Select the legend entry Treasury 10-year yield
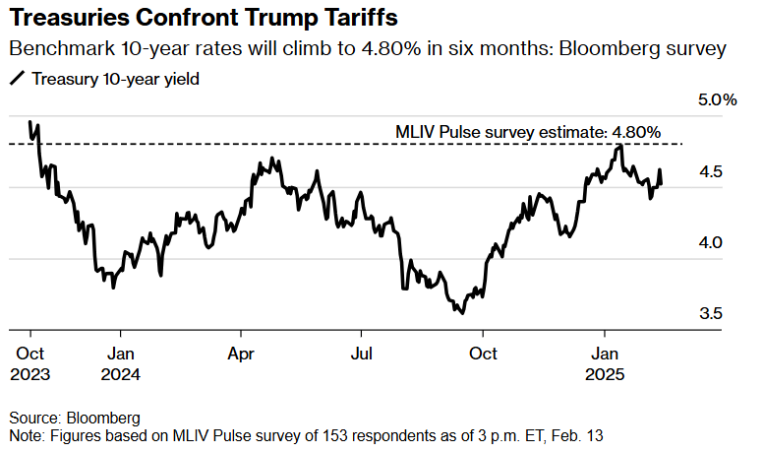pos(116,80)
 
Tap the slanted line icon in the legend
pos(17,80)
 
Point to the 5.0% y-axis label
pos(718,100)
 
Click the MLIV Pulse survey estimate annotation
pos(527,131)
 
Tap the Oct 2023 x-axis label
pos(29,363)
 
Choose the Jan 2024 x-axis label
pos(120,363)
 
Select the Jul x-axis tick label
pos(362,353)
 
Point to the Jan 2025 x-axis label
pos(604,363)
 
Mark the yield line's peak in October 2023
pos(30,122)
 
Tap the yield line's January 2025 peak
pos(618,146)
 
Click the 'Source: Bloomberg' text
pos(74,417)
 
